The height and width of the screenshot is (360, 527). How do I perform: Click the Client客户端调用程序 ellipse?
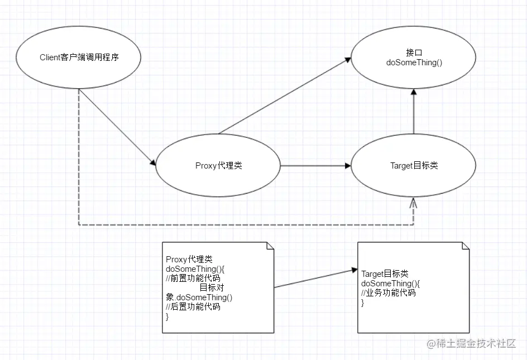tap(79, 57)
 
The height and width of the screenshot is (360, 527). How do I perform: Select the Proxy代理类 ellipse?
tap(218, 165)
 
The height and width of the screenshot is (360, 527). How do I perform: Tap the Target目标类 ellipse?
tap(413, 165)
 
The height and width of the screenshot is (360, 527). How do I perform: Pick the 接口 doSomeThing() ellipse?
tap(413, 57)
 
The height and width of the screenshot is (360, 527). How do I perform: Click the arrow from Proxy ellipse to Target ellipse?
tap(315, 166)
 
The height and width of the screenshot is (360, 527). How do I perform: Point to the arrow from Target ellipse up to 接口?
tap(413, 112)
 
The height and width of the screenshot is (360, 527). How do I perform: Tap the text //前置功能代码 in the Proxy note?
tap(193, 278)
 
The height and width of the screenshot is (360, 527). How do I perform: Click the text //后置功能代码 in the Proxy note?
tap(193, 306)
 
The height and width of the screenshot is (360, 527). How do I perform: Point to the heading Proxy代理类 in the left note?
tap(189, 260)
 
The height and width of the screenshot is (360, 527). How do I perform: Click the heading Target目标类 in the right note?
tap(385, 273)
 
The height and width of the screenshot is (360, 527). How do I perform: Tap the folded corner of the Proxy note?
tap(270, 246)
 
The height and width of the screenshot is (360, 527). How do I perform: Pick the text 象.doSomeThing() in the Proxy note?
tap(199, 297)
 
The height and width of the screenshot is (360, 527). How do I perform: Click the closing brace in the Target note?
tap(363, 303)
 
